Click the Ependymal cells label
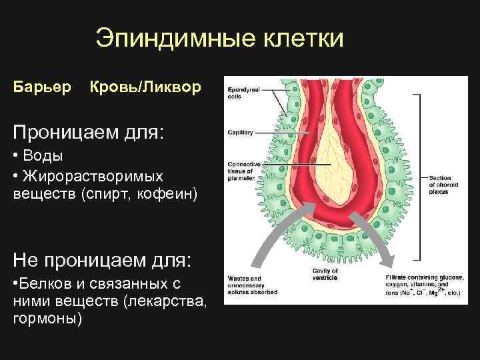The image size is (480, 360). coord(239,93)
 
